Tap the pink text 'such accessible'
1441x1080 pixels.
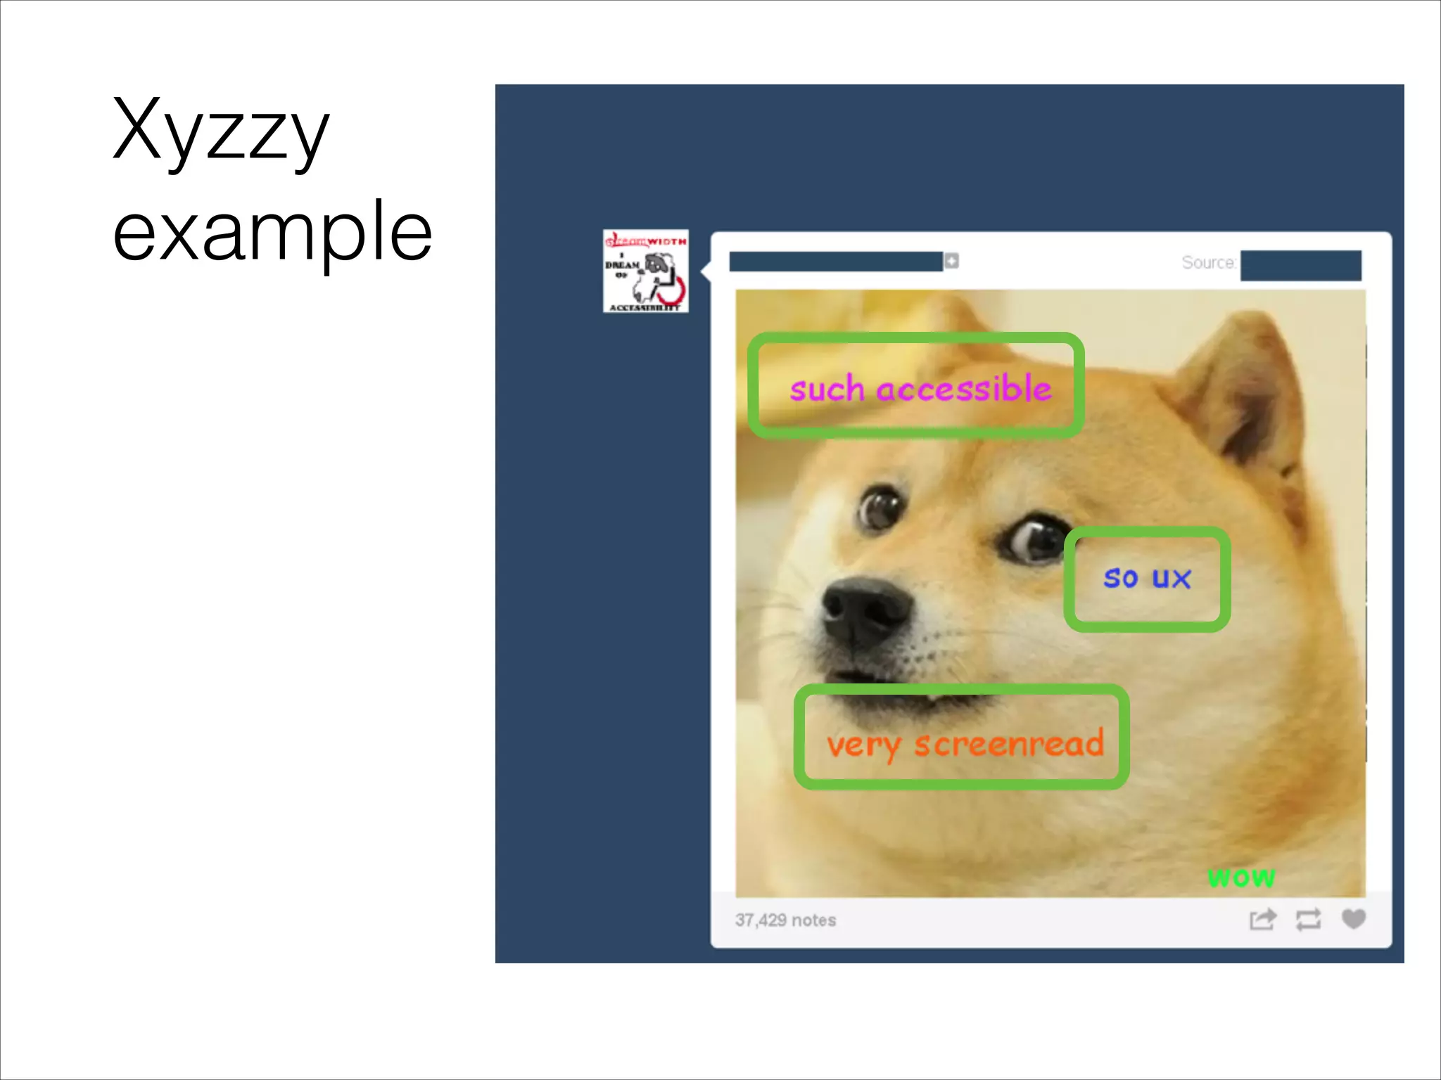click(x=920, y=389)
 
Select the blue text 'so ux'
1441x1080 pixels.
click(x=1147, y=578)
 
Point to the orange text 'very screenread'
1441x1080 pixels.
click(x=965, y=744)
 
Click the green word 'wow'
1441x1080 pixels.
click(x=1241, y=877)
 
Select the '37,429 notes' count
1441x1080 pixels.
click(x=785, y=920)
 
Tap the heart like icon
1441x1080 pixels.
click(x=1353, y=919)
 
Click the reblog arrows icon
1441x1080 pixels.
click(x=1308, y=920)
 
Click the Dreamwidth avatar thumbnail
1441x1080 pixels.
click(x=645, y=271)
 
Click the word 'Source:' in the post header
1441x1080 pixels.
click(x=1208, y=263)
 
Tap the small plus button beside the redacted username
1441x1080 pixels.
click(x=951, y=261)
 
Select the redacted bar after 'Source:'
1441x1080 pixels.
click(x=1300, y=265)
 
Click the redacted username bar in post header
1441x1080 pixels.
click(x=835, y=262)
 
